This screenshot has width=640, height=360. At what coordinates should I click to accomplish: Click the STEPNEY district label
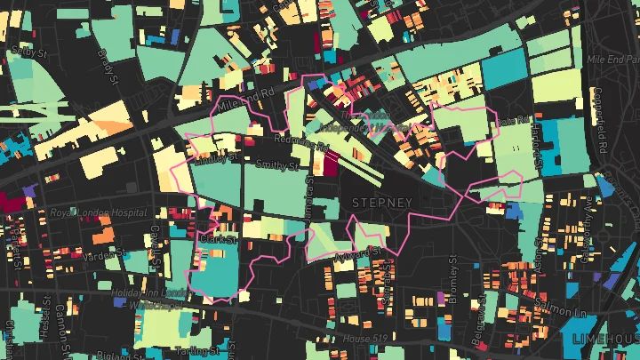[x=382, y=203]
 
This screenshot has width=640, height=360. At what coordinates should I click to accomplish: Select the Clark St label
[x=217, y=239]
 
